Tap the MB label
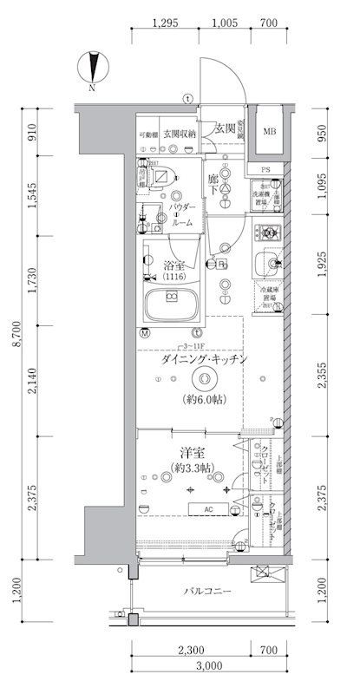(270, 132)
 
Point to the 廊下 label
(213, 183)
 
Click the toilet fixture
(161, 175)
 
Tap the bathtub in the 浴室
(171, 304)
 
